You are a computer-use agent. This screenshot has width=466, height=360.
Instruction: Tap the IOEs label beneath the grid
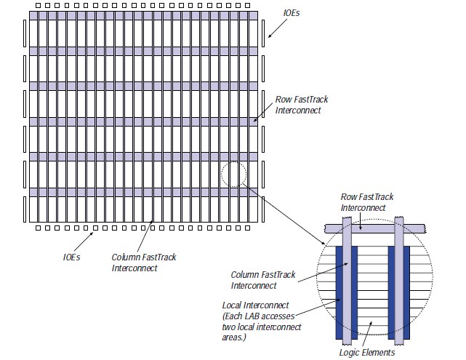click(x=71, y=256)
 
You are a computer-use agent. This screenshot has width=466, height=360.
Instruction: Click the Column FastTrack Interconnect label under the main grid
click(x=144, y=263)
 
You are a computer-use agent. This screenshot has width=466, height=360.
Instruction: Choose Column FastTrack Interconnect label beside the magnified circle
click(x=263, y=279)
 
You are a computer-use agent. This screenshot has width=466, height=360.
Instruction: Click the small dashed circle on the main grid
click(x=234, y=175)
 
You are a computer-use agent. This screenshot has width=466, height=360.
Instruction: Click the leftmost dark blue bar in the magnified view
click(x=340, y=291)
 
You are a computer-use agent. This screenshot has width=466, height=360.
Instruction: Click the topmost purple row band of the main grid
click(x=144, y=15)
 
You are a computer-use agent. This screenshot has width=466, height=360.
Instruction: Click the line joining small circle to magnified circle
click(x=284, y=212)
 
